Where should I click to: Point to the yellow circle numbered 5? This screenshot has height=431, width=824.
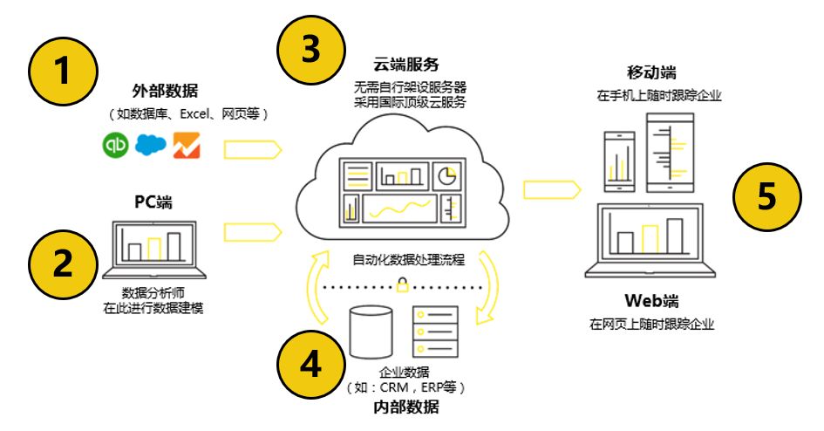pos(765,196)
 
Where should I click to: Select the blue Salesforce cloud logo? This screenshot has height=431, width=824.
pos(150,145)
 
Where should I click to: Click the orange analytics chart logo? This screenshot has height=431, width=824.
pos(186,145)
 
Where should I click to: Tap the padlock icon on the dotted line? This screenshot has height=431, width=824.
pos(403,284)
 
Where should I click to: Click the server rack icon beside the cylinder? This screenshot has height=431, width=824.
pos(435,329)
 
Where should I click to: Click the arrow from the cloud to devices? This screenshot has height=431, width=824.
pos(550,188)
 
